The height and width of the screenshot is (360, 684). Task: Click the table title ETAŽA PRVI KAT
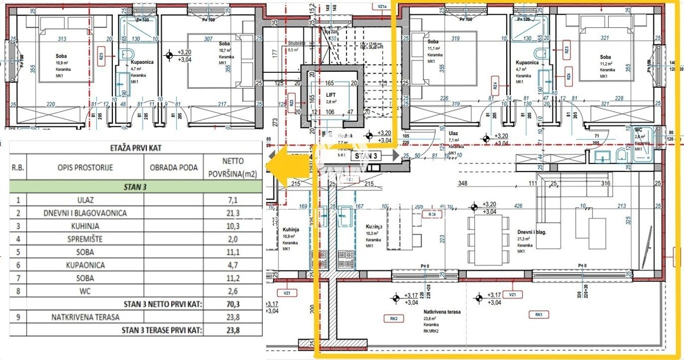[135, 148]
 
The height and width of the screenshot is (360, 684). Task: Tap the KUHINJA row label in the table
[85, 226]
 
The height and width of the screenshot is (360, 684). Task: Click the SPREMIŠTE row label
[85, 239]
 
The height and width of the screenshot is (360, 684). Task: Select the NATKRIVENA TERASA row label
[85, 317]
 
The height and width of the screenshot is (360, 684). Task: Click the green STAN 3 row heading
[135, 186]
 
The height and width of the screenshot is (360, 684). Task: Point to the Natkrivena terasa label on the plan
[441, 312]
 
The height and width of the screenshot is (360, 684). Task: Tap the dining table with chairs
[487, 233]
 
